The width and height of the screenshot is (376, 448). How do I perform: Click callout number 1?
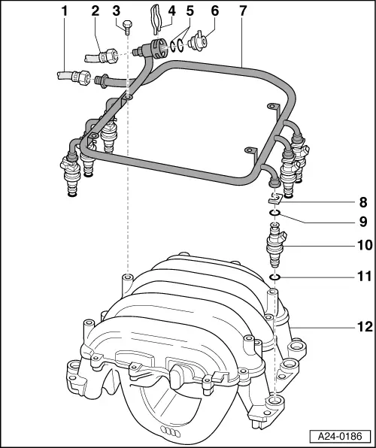pos(64,11)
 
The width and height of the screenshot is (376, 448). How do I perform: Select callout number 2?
pos(96,11)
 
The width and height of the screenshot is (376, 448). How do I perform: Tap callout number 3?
pos(116,11)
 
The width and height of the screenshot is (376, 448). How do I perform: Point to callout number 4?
pos(171,11)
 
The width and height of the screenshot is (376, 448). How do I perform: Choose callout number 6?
pos(215,11)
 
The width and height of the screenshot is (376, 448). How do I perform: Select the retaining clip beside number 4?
pos(156,19)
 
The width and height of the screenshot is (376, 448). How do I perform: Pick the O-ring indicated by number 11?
pos(275,277)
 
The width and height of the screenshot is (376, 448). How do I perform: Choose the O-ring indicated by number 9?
pos(276,213)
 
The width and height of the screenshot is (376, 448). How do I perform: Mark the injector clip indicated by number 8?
pos(275,199)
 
